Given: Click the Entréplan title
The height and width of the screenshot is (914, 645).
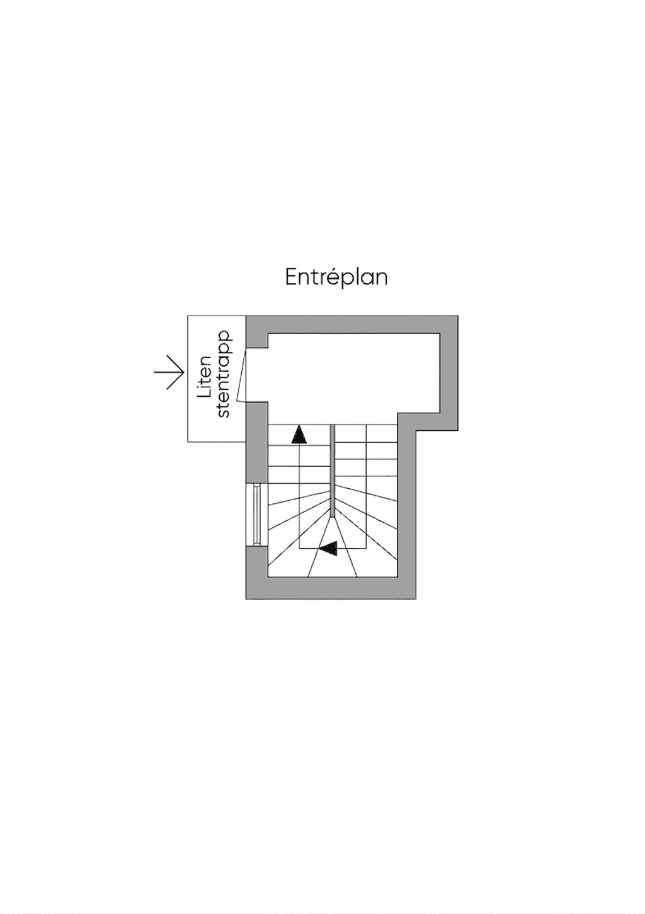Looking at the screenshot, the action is pyautogui.click(x=336, y=278).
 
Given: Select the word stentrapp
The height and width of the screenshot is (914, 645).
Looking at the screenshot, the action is pyautogui.click(x=224, y=374).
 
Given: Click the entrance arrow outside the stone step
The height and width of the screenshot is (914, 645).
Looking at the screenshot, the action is pyautogui.click(x=169, y=372).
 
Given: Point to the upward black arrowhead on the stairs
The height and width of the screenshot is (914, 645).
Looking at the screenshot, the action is pyautogui.click(x=299, y=434).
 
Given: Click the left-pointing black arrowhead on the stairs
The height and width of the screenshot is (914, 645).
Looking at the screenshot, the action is pyautogui.click(x=328, y=548).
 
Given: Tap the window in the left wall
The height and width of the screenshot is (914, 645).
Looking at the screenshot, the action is pyautogui.click(x=256, y=515).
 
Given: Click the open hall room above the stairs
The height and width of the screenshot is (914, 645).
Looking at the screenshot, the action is pyautogui.click(x=353, y=373).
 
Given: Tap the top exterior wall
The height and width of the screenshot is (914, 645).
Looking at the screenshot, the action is pyautogui.click(x=351, y=324).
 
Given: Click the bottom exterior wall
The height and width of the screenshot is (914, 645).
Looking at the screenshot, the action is pyautogui.click(x=331, y=588).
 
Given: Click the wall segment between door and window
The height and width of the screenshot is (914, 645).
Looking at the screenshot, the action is pyautogui.click(x=256, y=442).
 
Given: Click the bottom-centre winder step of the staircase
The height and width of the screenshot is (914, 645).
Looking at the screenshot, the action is pyautogui.click(x=332, y=563).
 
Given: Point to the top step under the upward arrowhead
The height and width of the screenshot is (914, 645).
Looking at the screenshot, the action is pyautogui.click(x=299, y=435).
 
